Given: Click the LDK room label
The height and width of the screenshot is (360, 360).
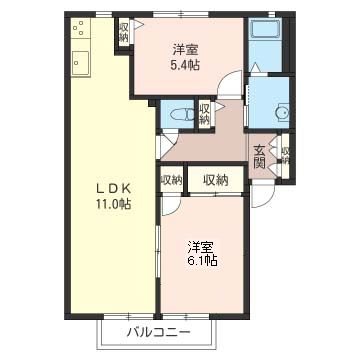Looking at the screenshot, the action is pyautogui.click(x=113, y=189).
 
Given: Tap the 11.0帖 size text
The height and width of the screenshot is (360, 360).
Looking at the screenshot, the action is pyautogui.click(x=114, y=204).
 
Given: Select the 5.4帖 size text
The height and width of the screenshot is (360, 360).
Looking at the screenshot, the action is pyautogui.click(x=185, y=65).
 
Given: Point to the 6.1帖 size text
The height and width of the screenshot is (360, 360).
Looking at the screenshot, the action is pyautogui.click(x=203, y=260).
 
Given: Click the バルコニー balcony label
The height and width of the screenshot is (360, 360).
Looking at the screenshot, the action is pyautogui.click(x=158, y=332).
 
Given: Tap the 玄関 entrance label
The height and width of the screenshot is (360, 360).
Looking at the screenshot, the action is pyautogui.click(x=259, y=157).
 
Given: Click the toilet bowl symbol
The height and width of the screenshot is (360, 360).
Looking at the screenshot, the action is pyautogui.click(x=181, y=115).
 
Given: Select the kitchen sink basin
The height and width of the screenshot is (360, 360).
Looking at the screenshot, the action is pyautogui.click(x=80, y=62).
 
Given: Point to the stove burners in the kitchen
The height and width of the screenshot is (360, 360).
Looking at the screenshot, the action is pyautogui.click(x=80, y=27).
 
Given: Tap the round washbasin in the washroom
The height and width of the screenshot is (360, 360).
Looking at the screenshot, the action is pyautogui.click(x=282, y=113).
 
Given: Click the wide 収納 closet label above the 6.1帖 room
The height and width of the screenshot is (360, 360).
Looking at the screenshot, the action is pyautogui.click(x=216, y=180).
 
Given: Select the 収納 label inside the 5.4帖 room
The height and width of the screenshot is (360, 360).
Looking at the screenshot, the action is pyautogui.click(x=124, y=32).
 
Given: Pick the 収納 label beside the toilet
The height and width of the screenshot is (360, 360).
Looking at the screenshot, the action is pyautogui.click(x=204, y=114).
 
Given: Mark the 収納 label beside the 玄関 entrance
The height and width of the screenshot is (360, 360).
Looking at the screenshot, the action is pyautogui.click(x=285, y=155).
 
